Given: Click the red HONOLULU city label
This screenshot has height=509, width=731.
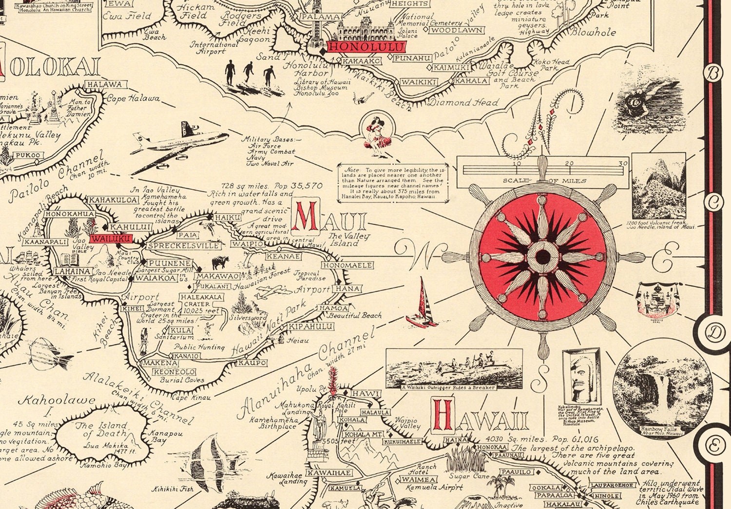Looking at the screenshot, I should tap(366, 47).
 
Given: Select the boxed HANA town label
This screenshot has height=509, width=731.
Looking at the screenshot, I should tap(348, 288).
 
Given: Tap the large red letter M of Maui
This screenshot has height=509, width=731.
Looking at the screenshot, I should tap(306, 218).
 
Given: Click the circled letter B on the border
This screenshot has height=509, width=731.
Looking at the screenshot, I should tap(713, 73).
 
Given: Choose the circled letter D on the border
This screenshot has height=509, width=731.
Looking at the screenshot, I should tap(714, 333).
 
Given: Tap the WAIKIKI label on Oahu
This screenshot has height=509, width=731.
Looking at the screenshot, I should tap(419, 82).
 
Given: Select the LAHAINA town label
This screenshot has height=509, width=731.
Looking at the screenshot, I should tap(73, 271).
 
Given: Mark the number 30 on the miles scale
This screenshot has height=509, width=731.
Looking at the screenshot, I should tap(623, 163).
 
